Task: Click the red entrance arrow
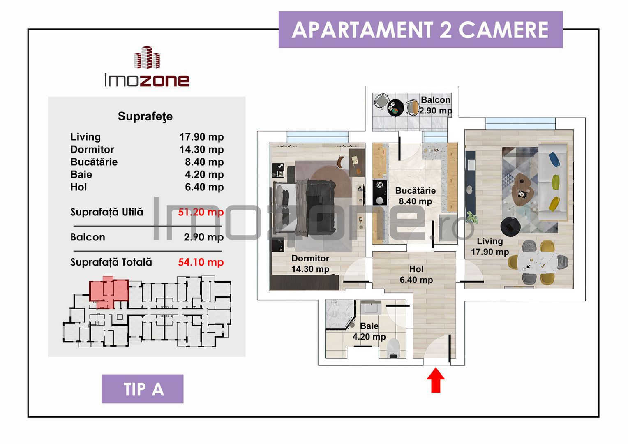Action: click(x=436, y=380)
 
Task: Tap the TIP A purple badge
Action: click(x=143, y=389)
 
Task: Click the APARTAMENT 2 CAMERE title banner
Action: click(x=420, y=30)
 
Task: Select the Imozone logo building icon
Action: click(x=147, y=58)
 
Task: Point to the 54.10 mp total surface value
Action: click(x=201, y=262)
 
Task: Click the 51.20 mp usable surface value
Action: click(x=201, y=212)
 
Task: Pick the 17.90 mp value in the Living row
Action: click(x=201, y=137)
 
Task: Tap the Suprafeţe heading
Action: click(x=145, y=116)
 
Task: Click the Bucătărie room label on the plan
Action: click(x=415, y=191)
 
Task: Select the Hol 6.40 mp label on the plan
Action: click(x=416, y=275)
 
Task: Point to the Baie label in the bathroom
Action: click(x=369, y=326)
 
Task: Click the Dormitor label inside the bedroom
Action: click(x=310, y=258)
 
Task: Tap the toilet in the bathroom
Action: click(x=393, y=349)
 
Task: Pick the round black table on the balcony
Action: click(x=395, y=108)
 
